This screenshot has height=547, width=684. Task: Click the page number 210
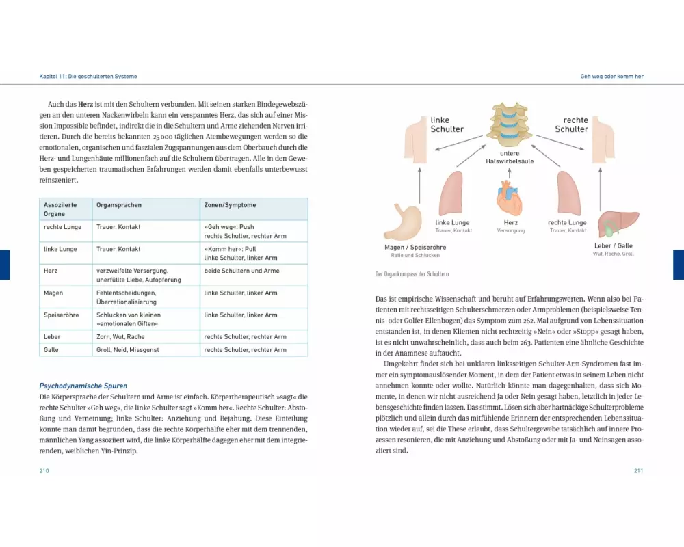tap(44, 470)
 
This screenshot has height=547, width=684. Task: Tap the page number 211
tap(639, 470)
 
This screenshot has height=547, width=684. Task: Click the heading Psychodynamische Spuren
tap(83, 386)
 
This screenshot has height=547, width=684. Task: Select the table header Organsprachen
tap(114, 204)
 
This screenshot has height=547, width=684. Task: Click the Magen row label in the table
tap(53, 293)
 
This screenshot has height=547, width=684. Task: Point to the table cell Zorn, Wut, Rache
tap(120, 336)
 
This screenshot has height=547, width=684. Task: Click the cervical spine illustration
tap(510, 126)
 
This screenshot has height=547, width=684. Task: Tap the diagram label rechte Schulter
tap(571, 124)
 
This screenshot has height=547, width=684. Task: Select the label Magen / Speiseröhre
tap(406, 247)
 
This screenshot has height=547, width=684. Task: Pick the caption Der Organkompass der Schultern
tap(412, 274)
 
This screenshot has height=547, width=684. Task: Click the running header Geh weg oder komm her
tap(611, 77)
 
